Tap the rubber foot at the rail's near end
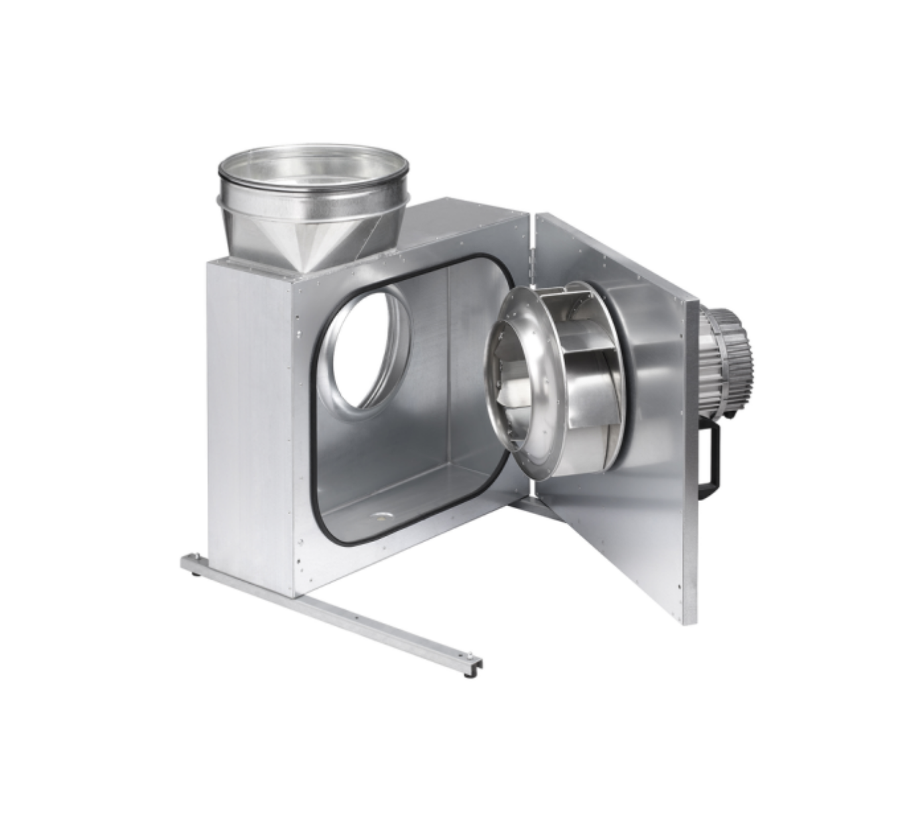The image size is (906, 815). click(470, 674)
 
